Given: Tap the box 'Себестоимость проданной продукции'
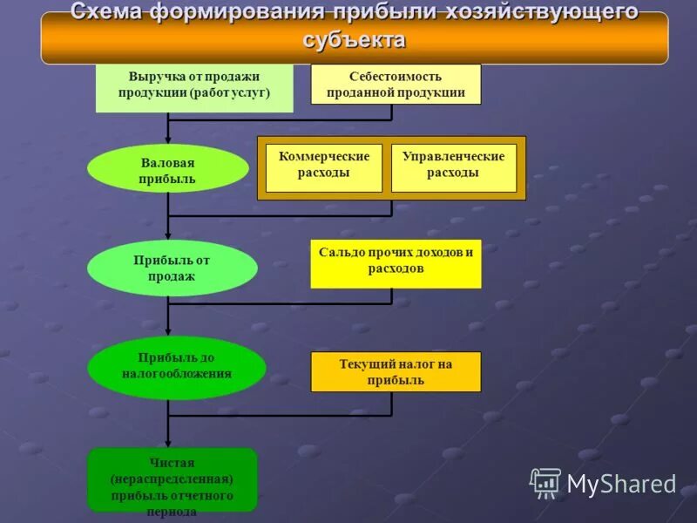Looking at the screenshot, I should point(396,85).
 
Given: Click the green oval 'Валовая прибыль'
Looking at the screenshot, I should point(167,167).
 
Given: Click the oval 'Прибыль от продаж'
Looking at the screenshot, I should point(172,268).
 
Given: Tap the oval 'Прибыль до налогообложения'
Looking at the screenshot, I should point(176,366).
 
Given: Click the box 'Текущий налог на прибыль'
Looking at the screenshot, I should point(396,372).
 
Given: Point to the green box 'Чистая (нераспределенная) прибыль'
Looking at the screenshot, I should point(172,481).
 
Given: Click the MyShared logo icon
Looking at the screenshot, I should point(545,482).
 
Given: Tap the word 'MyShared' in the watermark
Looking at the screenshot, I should point(621,484).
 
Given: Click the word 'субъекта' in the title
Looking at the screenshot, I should point(355,40).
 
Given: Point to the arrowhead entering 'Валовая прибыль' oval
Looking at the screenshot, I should point(168,139).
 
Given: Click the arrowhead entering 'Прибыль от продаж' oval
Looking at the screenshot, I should point(168,236).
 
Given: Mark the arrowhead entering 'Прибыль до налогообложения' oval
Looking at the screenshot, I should point(168,333).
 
